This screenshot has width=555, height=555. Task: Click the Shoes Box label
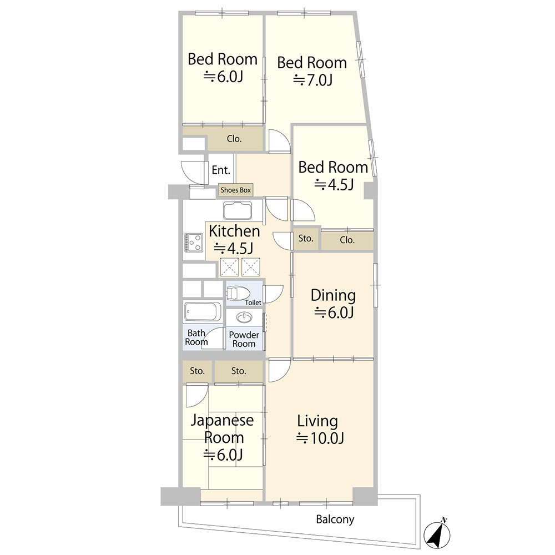coord(235,190)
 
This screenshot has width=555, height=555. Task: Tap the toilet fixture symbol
coord(238,293)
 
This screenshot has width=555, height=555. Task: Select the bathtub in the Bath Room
coord(203,311)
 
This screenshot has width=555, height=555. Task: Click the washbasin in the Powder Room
coord(244,317)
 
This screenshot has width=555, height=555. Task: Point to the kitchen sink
coord(238,210)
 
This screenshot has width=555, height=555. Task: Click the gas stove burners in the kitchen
coord(194,243)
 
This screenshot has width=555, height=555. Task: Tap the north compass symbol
coord(437,534)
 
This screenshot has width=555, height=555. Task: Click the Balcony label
coord(335,519)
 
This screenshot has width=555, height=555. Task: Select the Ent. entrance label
coord(221,170)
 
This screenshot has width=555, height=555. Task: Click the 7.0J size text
coord(312,80)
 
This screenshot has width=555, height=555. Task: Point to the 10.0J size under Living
coord(320,438)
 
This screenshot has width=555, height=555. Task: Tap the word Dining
coord(333,296)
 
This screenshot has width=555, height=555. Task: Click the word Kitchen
coord(234,231)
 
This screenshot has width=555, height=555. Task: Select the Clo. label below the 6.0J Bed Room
coord(234,139)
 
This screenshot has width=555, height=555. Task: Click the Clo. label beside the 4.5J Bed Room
coord(347,240)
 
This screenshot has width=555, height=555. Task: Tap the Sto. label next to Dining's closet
coord(306,239)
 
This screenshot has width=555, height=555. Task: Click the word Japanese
coord(222,421)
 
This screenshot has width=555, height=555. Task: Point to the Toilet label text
coord(253,302)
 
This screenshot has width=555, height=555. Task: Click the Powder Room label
coord(244,339)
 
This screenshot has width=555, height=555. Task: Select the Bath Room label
coord(196,337)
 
